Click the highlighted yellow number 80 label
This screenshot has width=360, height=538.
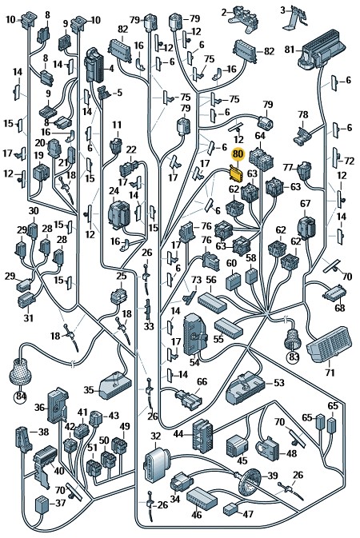tap(238, 154)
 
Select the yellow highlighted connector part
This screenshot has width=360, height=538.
tap(236, 173)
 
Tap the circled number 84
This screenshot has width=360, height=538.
tap(22, 397)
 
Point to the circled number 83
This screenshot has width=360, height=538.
tap(294, 357)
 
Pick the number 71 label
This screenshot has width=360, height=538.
tap(330, 372)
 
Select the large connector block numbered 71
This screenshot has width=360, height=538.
tap(330, 345)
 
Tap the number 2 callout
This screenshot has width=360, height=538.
tap(224, 13)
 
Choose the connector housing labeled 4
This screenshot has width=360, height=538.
tap(94, 66)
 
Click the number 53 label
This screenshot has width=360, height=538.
tap(278, 382)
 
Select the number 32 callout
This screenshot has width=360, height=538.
tap(156, 436)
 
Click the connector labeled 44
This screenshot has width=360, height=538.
tap(202, 434)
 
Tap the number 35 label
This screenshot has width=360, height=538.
tap(89, 390)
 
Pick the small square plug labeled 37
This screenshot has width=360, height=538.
tap(43, 504)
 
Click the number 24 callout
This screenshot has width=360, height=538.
tap(114, 191)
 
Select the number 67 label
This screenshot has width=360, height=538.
tap(305, 204)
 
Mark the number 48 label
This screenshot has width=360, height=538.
tap(291, 453)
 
